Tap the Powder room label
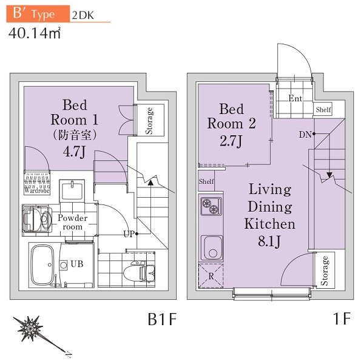click(73, 222)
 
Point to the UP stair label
click(129, 234)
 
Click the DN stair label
click(306, 133)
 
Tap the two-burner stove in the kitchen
click(210, 207)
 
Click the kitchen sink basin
click(211, 248)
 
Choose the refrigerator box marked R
click(211, 277)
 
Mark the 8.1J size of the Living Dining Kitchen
click(269, 242)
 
